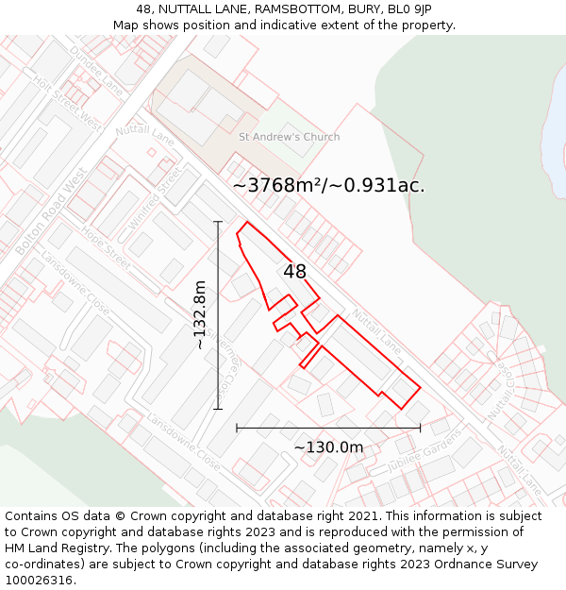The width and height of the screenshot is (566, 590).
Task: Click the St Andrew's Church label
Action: [289, 137]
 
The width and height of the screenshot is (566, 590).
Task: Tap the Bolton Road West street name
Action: [51, 212]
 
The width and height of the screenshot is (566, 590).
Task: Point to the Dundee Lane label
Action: [96, 71]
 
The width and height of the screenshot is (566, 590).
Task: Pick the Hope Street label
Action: [105, 248]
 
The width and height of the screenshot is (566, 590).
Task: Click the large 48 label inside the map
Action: [294, 272]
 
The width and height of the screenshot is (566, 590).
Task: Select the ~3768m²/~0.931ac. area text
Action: [328, 186]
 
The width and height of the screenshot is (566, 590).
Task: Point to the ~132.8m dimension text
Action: [200, 315]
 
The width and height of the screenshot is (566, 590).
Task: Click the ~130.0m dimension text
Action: [328, 447]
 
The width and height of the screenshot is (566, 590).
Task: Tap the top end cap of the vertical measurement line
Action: [218, 222]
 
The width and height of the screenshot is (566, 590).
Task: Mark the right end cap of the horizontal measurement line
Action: [420, 428]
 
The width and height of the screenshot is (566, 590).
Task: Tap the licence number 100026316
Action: [41, 581]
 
